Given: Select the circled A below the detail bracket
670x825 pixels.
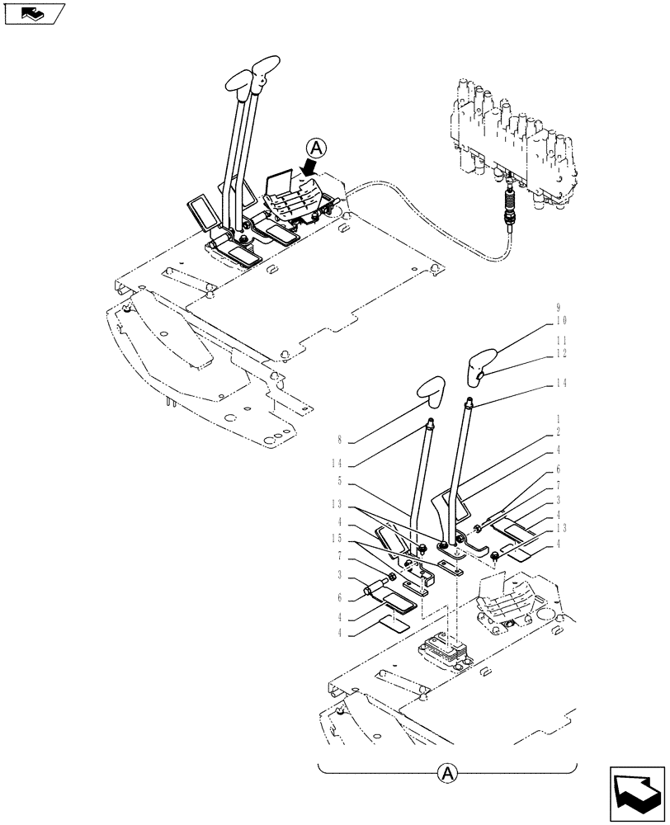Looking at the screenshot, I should click(x=446, y=773).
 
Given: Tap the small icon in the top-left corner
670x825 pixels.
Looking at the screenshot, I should click(x=34, y=13).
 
